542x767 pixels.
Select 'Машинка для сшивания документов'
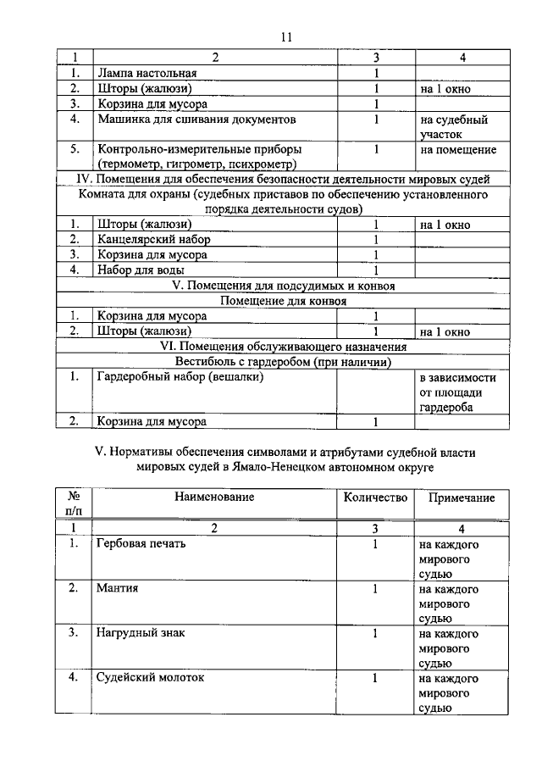click(x=196, y=119)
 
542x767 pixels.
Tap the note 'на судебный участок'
click(x=454, y=127)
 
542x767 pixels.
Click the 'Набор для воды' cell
click(x=139, y=270)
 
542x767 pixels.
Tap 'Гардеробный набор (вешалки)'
click(x=180, y=377)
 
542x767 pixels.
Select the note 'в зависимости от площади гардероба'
click(x=457, y=392)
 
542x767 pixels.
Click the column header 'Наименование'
click(x=215, y=497)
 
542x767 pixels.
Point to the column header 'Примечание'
click(x=462, y=497)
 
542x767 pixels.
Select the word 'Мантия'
click(x=119, y=588)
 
